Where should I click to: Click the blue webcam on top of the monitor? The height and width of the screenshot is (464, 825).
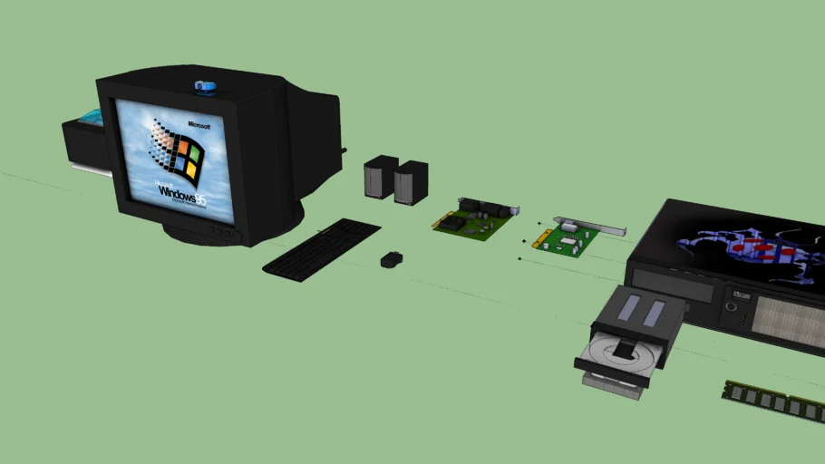pyautogui.click(x=205, y=87)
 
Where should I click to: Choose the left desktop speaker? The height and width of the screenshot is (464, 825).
pyautogui.click(x=379, y=177)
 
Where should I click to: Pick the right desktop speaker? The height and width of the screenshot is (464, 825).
pyautogui.click(x=411, y=182)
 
